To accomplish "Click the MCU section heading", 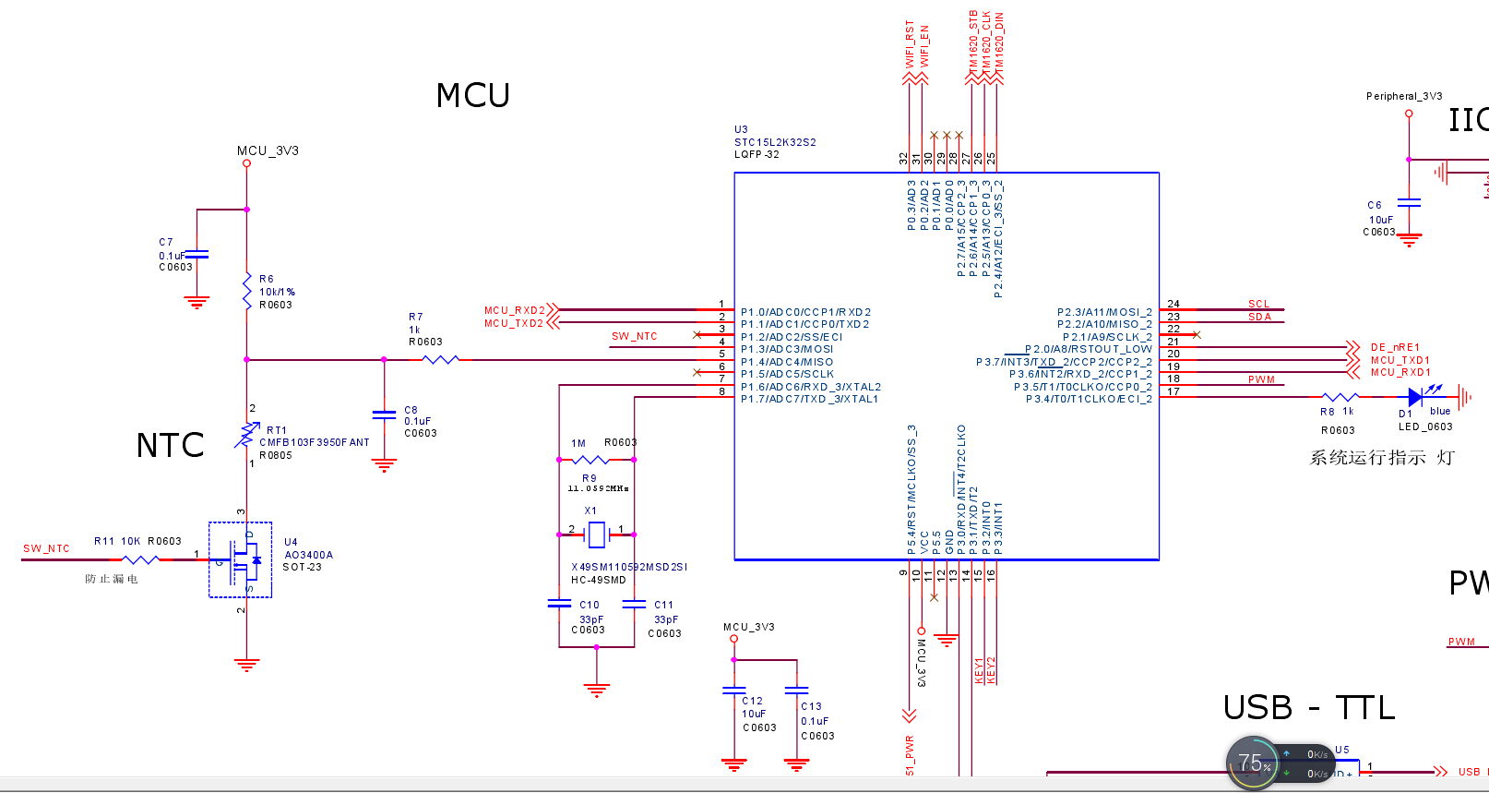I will coord(472,96).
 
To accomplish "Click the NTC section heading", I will coord(170,446).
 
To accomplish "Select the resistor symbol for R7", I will coord(440,360).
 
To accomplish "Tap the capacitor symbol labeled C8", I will coord(384,415).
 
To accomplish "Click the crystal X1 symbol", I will coord(597,535).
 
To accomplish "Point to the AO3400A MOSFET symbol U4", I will coord(241,559).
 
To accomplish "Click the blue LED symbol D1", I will coord(1415,398).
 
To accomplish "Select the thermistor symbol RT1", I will coord(246,434).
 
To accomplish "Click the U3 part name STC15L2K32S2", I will coord(775,142).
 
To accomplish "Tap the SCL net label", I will coord(1258,304).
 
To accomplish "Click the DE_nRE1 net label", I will coord(1395,348).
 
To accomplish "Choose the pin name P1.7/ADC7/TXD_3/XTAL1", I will coord(809,400).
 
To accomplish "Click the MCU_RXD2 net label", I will coord(514,310).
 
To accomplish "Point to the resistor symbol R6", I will coord(246,291).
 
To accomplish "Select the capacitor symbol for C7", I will coord(197,254).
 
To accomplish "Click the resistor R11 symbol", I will coord(140,559).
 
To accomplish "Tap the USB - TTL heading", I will coord(1308,708).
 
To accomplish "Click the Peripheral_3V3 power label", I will coord(1403,96).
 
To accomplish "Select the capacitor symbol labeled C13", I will coord(796,690).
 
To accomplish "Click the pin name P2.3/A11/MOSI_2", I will coord(1104,312).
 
